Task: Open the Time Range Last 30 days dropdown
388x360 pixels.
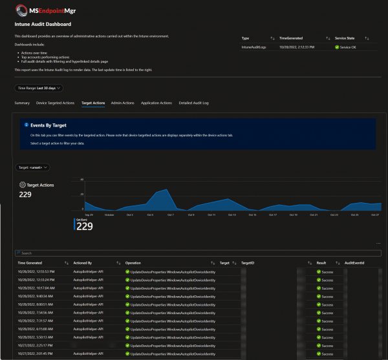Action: tap(39, 87)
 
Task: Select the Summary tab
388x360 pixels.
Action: tap(22, 103)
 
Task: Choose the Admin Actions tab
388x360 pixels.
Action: tap(122, 103)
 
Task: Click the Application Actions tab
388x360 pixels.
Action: tap(156, 103)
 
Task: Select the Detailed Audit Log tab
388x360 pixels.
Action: tap(193, 103)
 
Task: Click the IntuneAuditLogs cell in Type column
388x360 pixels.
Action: tap(255, 47)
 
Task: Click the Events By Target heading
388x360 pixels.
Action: tap(48, 125)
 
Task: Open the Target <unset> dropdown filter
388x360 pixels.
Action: tap(33, 167)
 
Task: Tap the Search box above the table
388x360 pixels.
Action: tap(194, 253)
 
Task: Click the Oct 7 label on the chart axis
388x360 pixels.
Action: tap(170, 215)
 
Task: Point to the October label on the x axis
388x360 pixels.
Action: tap(109, 215)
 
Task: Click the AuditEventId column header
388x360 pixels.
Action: tap(355, 264)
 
